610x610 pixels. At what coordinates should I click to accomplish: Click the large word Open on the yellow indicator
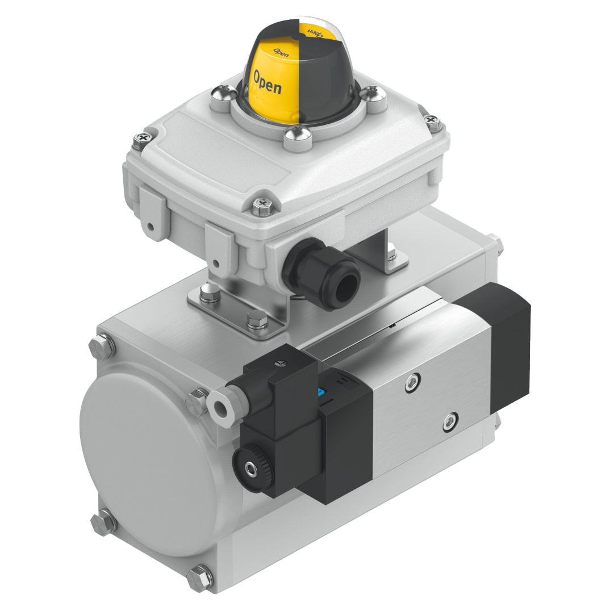(x=268, y=82)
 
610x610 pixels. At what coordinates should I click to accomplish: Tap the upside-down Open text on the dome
(x=315, y=33)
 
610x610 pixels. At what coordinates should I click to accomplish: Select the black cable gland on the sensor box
(x=321, y=274)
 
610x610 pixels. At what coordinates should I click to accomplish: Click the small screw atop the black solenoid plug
(x=279, y=364)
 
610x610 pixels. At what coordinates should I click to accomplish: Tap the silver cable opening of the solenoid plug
(x=219, y=406)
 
